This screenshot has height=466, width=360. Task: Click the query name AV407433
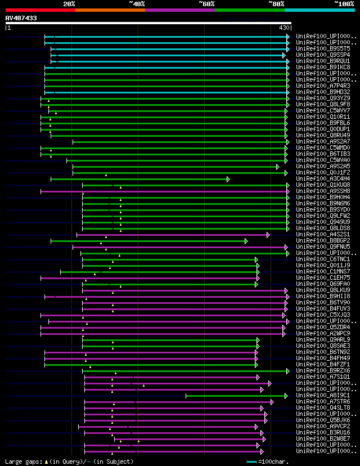tap(21, 18)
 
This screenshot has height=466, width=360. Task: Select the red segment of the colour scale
tap(40, 10)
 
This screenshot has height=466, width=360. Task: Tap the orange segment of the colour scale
tap(110, 10)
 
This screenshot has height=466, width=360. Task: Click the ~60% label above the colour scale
tap(206, 3)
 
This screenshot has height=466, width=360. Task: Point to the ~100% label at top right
tap(344, 3)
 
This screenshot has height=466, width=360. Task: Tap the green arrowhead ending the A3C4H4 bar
tap(228, 179)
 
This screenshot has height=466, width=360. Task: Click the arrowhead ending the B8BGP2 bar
tap(246, 241)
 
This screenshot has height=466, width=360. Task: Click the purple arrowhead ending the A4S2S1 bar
tap(268, 235)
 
